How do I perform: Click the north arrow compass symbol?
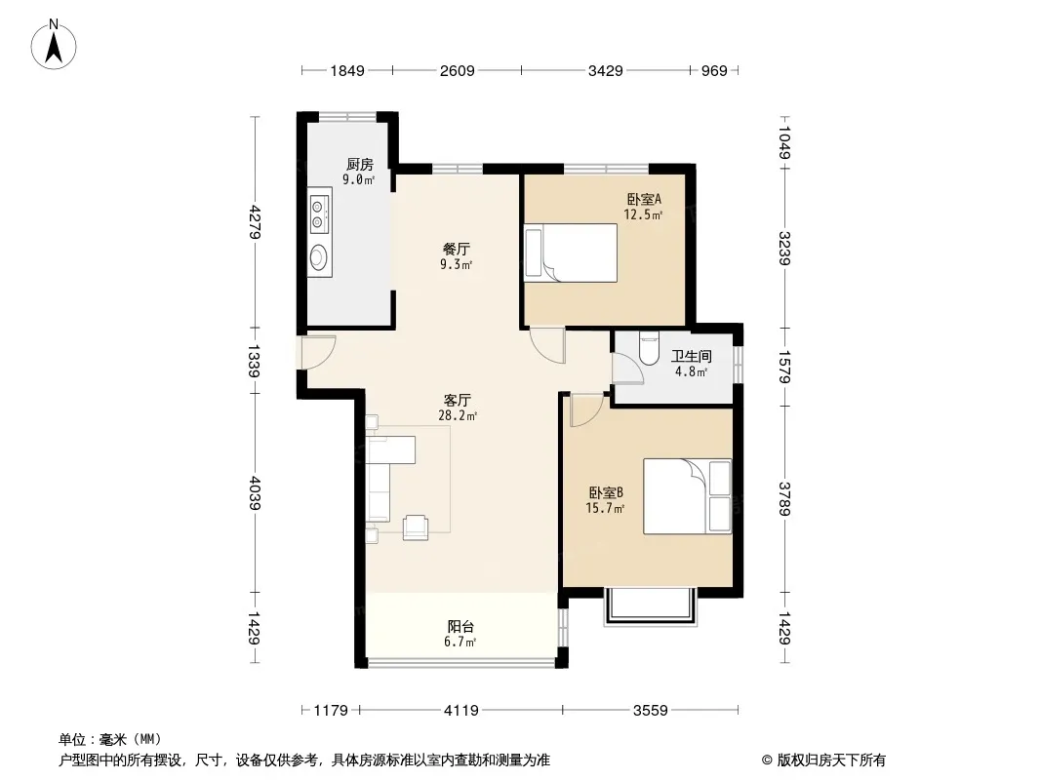pos(54,45)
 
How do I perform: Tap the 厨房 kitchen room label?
pos(359,165)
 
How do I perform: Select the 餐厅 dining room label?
pos(457,250)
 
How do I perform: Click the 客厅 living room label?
pos(457,401)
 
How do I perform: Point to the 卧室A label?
pos(643,199)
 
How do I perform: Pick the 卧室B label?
pos(606,493)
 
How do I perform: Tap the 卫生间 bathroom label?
pos(691,357)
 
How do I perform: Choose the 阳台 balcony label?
pos(460,626)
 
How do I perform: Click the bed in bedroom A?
pos(571,253)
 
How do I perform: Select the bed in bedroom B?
pos(687,496)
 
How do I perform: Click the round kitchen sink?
pos(320,256)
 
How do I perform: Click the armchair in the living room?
pos(416,526)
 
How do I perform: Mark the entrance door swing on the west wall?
pos(318,352)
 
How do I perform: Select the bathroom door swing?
pos(626,368)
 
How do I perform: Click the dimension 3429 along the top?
pos(605,70)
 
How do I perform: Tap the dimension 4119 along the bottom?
pos(460,711)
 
